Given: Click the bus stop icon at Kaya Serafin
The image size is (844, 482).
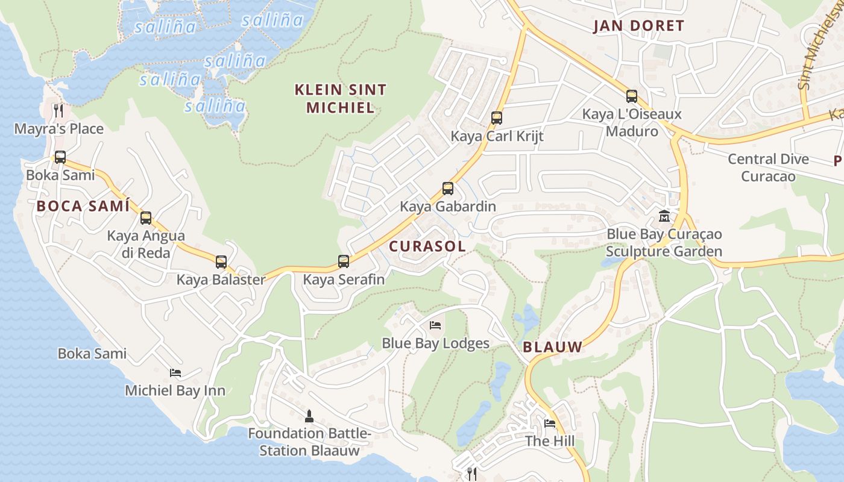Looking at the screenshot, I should tap(344, 261).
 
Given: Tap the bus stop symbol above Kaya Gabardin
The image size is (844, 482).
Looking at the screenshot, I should tap(448, 189).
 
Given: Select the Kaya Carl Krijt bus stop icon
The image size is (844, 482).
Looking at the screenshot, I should tap(497, 118).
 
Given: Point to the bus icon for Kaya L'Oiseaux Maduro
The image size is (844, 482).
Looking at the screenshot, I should tap(632, 96).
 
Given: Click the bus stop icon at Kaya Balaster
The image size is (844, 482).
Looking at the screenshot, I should tap(221, 262).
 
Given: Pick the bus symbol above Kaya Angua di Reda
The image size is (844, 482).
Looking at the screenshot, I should tap(146, 218).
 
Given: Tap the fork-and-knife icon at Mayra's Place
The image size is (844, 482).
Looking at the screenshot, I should tap(58, 110).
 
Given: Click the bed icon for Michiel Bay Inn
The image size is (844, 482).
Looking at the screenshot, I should tap(175, 373).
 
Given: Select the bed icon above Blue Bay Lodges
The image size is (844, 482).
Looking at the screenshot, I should tap(435, 325).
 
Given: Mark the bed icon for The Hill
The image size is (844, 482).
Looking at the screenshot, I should tap(550, 423).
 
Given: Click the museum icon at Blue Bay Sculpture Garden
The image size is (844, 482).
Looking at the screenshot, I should tap(664, 216).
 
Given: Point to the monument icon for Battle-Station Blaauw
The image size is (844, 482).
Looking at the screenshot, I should tap(309, 416).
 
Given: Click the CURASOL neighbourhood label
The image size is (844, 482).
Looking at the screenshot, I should tap(427, 246).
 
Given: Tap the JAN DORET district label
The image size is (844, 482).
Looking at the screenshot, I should tap(639, 26).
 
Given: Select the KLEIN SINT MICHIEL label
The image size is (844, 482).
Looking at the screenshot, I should tap(341, 99).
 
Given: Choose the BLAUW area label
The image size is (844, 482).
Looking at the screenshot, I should tap(553, 347).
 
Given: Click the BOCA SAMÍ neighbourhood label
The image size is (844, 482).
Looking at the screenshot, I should tap(83, 206).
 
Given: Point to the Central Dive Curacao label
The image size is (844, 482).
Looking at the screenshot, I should tap(768, 167).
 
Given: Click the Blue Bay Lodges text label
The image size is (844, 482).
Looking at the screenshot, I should tap(435, 343).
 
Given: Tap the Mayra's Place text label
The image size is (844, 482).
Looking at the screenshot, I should tap(59, 129).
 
